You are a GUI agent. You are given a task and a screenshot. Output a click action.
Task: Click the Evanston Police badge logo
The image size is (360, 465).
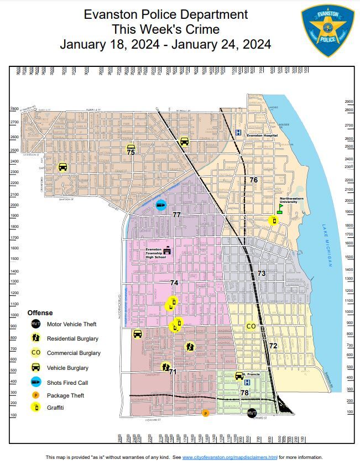327,31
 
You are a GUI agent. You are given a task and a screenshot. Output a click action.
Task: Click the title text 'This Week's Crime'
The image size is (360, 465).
165,29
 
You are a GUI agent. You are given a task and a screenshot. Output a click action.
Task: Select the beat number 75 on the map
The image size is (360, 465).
131,152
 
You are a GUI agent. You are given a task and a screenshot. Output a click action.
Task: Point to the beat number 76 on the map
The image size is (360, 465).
253,180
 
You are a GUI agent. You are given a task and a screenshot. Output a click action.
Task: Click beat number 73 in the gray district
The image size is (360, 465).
262,274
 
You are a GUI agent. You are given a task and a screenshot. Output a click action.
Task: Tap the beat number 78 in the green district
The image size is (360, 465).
244,393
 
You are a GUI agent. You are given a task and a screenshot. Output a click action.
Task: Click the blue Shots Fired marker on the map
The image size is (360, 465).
160,205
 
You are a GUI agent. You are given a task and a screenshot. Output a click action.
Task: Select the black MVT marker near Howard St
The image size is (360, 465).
252,413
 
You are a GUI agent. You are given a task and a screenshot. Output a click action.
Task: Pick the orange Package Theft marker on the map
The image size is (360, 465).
206,413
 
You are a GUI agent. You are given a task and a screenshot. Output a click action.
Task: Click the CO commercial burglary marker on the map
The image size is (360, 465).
251,326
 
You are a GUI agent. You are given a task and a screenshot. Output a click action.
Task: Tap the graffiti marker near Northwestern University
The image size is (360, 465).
273,221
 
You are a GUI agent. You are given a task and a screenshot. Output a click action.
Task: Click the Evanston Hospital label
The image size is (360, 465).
262,135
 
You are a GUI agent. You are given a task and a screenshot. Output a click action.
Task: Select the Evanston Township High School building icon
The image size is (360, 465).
167,250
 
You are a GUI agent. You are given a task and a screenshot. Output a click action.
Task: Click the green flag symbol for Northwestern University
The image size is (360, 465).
280,209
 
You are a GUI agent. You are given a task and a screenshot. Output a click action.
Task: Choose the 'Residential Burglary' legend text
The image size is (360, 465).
72,338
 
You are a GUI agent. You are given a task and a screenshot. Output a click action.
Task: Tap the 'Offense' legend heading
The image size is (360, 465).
40,312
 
